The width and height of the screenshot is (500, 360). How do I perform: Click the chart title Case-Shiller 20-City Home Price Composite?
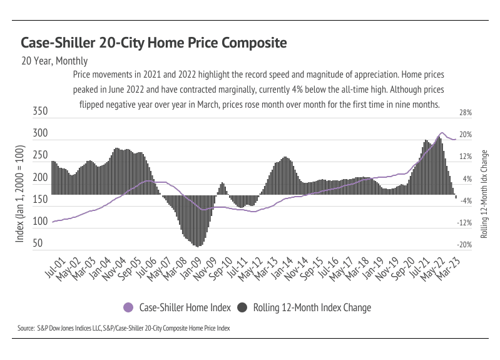[154, 43]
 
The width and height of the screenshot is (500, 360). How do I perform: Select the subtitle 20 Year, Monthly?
[54, 61]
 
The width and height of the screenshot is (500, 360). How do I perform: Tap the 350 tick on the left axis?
[40, 112]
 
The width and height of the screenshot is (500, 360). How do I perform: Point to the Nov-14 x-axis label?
[297, 266]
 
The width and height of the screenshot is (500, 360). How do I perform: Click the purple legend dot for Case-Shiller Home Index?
[129, 307]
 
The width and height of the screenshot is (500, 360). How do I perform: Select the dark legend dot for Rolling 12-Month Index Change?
[242, 307]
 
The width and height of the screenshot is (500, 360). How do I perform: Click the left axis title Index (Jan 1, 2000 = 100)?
[19, 194]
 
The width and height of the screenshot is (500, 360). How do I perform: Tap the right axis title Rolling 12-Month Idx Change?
[484, 194]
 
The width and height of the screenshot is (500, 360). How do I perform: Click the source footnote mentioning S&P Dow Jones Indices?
[124, 327]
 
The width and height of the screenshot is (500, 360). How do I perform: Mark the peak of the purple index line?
[442, 133]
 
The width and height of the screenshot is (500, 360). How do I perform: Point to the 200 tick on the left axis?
[40, 178]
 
